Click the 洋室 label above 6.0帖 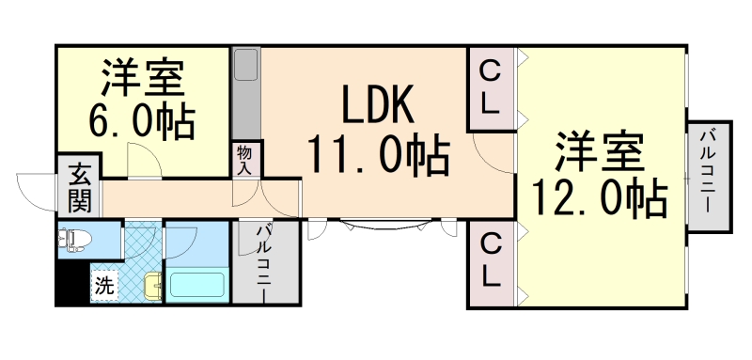point(141,78)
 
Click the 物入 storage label point(246,159)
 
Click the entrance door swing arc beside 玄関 point(36,192)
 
